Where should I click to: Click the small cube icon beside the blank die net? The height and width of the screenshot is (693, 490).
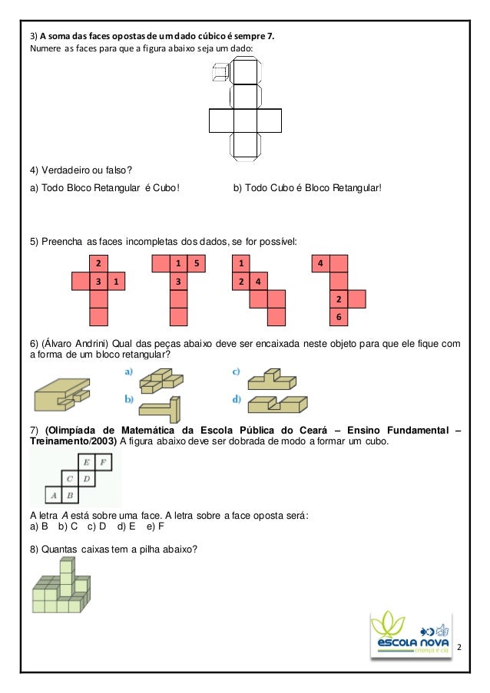[x=220, y=73]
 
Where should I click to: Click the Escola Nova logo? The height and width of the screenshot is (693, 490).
[x=410, y=635]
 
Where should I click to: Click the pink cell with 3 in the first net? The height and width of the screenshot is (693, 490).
[x=98, y=282]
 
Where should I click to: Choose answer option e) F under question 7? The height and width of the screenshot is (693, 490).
[x=155, y=526]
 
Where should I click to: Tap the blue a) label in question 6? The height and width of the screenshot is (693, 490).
[x=129, y=372]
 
